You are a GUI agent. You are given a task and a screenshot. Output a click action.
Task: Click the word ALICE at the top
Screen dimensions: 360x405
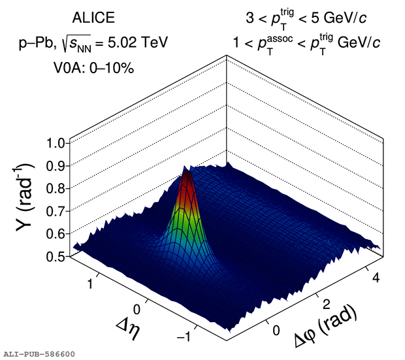[x=93, y=18]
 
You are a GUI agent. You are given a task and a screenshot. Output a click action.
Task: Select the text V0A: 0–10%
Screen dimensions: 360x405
[x=93, y=67]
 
